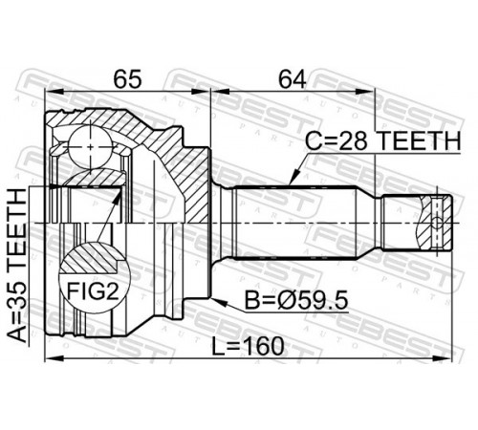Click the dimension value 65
127,79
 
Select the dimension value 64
292,79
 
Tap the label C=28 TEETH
383,140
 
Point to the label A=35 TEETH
17,266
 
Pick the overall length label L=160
249,346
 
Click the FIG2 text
94,291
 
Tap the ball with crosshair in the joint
91,147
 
